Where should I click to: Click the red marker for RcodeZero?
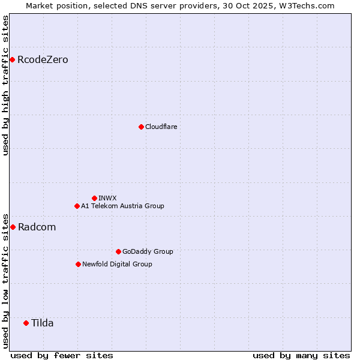coord(12,59)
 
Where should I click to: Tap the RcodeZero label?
coord(43,60)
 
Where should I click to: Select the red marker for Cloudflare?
coord(141,127)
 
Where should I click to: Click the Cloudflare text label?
coord(161,127)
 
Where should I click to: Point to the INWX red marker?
coord(94,198)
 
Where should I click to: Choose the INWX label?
coord(107,199)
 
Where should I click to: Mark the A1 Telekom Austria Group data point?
coord(77,206)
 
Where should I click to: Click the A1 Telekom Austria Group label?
coord(122,206)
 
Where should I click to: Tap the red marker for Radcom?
coord(13,227)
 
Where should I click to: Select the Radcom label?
coord(37,227)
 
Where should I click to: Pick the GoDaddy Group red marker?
coord(118,251)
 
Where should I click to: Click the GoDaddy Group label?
coord(147,252)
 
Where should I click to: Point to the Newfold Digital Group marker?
coord(78,264)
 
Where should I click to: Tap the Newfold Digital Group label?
coord(117,265)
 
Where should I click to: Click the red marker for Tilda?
coord(26,323)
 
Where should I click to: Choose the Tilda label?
coord(42,323)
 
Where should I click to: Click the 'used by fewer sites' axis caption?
coord(62,355)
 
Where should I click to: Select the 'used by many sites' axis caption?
coord(301,355)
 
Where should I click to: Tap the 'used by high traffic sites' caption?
coord(5,85)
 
